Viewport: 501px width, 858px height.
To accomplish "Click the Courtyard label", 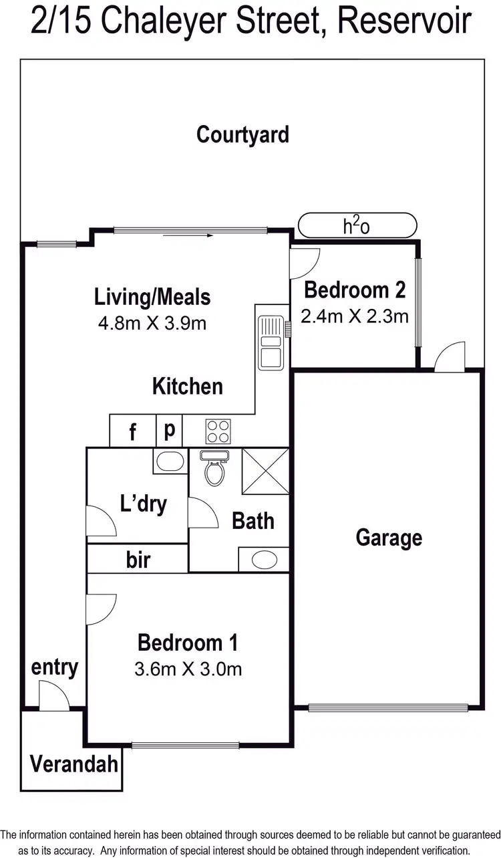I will click(242, 134).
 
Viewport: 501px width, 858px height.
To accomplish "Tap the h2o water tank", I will click(357, 225).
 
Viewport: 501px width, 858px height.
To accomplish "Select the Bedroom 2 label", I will click(355, 290).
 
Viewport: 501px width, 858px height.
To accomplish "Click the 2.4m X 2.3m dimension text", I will click(355, 316).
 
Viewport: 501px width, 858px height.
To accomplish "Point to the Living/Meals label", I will click(152, 296).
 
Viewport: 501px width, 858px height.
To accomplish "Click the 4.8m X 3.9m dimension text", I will click(152, 324).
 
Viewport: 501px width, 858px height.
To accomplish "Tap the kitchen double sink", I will click(271, 342).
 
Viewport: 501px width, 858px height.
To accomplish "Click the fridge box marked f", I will click(132, 432).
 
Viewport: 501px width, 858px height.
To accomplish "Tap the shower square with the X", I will click(265, 471).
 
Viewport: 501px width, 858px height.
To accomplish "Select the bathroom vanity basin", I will click(265, 559).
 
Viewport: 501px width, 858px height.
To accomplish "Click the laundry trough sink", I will click(170, 461).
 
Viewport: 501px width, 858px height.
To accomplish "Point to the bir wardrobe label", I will click(138, 560).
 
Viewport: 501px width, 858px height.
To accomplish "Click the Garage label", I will click(389, 538).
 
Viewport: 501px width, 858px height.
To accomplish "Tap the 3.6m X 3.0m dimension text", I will click(188, 668).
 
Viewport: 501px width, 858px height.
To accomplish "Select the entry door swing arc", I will click(53, 696).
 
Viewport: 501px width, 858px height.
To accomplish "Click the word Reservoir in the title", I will click(404, 21).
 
